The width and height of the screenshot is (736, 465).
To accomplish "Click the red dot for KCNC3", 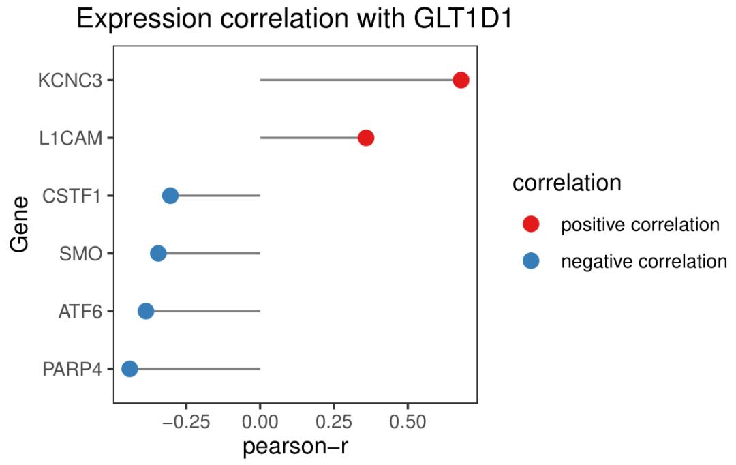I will point(461,80).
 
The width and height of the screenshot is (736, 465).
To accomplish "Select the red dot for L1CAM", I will point(366,138).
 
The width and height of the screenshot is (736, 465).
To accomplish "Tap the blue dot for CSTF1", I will point(170,196).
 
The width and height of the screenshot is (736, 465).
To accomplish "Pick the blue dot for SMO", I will point(158,254).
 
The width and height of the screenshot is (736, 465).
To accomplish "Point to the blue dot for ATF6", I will point(146,312).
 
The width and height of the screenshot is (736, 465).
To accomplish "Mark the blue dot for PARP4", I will point(129,369).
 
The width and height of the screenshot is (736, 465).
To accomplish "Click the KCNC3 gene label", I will point(70,80).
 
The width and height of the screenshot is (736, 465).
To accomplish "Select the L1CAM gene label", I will point(71,138).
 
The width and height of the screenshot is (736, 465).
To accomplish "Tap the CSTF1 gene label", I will point(72,196).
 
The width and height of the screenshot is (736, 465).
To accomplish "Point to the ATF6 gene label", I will point(80,312).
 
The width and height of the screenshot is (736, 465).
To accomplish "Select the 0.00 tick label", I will point(260,421).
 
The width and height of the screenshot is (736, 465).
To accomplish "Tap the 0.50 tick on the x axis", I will point(408,421).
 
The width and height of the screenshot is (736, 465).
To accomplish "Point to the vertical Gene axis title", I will point(20,224).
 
